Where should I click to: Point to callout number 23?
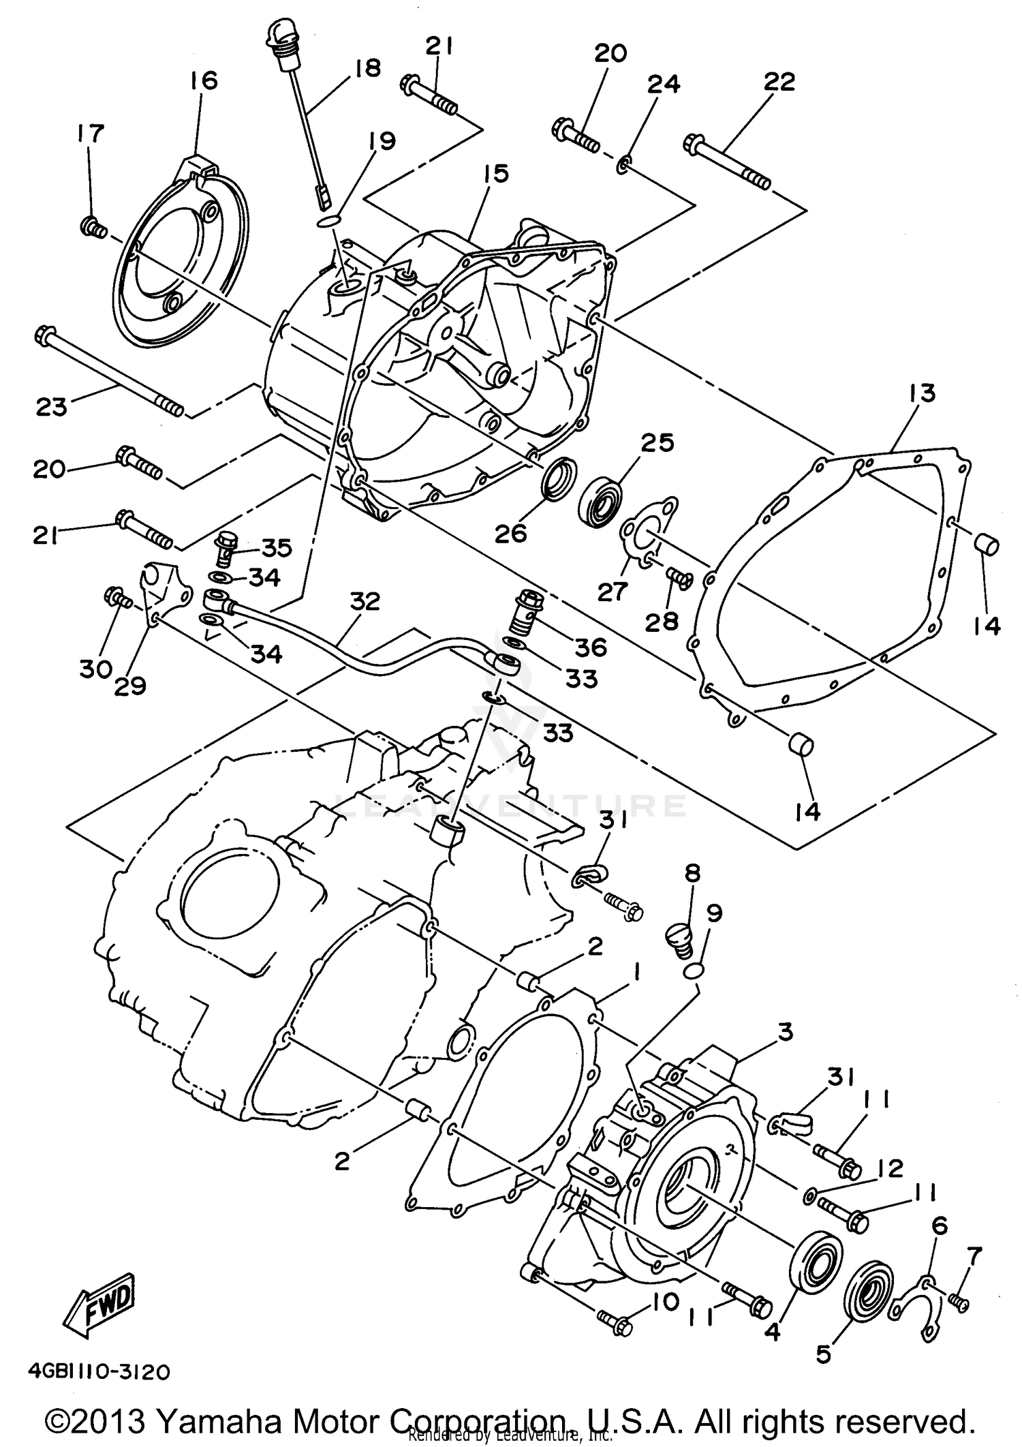(x=52, y=407)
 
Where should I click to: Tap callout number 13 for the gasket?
(x=921, y=395)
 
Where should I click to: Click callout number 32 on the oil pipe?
(x=365, y=603)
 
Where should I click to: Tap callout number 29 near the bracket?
(x=131, y=686)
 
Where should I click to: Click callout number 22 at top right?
(x=779, y=82)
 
